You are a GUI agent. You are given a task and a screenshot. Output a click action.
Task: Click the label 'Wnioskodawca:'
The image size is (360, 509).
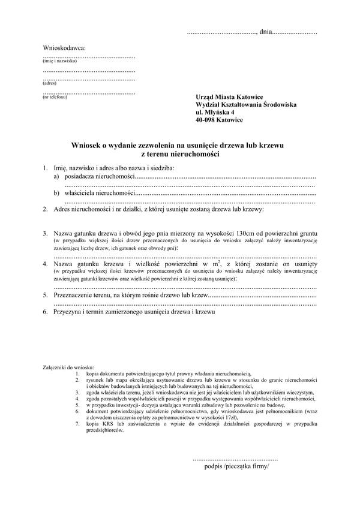tap(64, 47)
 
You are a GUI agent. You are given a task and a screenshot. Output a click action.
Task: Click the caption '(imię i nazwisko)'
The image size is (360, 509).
tap(60, 61)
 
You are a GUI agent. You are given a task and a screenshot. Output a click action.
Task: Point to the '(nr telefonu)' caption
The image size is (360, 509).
tap(55, 97)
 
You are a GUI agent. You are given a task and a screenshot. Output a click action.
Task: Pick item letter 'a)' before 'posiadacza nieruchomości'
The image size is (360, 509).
tap(56, 177)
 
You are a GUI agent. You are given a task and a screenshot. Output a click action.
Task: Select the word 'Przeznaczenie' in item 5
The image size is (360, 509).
tap(75, 296)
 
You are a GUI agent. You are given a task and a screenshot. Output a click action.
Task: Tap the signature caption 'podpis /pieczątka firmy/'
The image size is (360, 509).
tap(237, 465)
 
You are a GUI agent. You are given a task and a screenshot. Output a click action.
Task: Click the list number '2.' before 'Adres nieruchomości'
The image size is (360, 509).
tap(46, 210)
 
